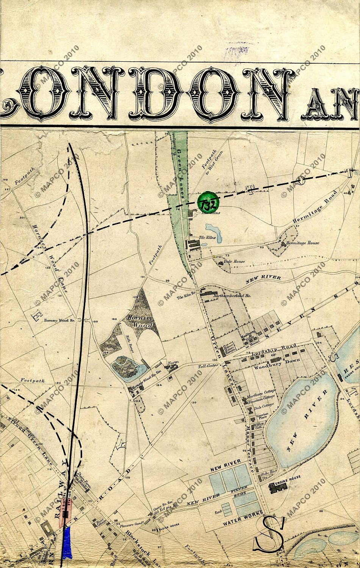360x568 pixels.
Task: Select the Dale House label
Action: [234, 261]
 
